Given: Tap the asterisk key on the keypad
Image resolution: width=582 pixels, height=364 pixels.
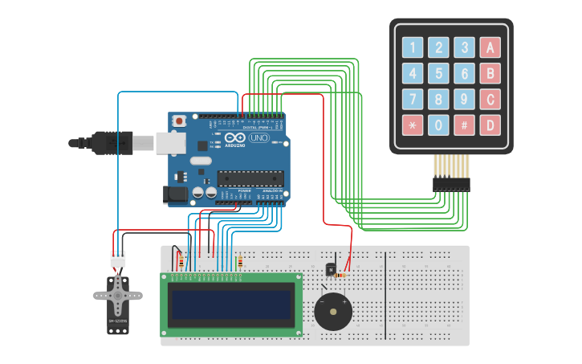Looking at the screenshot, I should (x=412, y=125).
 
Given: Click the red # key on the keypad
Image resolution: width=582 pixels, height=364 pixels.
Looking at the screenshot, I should (x=464, y=125).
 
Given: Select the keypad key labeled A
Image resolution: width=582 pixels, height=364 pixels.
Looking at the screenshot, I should (x=490, y=47).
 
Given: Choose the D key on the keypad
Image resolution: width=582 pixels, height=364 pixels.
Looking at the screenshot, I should (x=490, y=125).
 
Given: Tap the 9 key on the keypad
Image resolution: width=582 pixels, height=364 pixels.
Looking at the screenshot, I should (x=464, y=100).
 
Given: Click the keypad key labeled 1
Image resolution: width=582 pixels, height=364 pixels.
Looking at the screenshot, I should (x=412, y=47).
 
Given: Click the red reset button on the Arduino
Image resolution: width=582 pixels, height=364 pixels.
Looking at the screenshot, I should (x=180, y=121).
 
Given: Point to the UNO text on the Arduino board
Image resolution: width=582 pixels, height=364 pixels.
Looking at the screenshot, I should (x=258, y=137).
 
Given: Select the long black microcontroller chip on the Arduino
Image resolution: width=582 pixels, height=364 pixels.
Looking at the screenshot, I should (x=250, y=178).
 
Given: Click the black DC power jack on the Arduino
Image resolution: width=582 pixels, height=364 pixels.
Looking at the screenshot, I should (x=174, y=194).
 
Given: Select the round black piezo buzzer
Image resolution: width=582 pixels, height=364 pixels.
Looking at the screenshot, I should (x=333, y=311).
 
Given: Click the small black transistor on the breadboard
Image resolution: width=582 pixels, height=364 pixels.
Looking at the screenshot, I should (x=329, y=269).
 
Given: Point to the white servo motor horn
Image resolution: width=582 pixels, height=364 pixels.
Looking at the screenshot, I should (x=118, y=296).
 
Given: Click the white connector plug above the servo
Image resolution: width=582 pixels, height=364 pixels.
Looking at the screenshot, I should (x=118, y=259).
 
